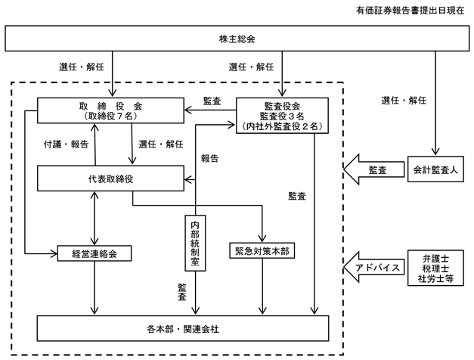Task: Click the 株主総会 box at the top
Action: [x=237, y=38]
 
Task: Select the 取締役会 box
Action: [x=110, y=110]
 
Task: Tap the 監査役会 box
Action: [x=282, y=115]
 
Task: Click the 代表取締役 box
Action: [x=110, y=178]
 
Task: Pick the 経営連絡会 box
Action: [x=94, y=253]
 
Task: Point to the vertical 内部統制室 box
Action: [x=195, y=243]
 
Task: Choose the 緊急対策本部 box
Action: [x=262, y=250]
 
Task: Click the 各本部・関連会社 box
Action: [x=183, y=328]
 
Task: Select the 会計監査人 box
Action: [x=435, y=169]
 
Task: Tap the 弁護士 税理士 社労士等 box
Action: [x=435, y=268]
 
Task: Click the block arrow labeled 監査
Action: [x=374, y=169]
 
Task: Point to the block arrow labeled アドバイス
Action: [x=374, y=267]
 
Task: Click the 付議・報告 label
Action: [x=66, y=144]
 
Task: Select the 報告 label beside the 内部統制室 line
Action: [x=210, y=158]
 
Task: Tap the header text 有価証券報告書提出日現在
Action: [x=410, y=11]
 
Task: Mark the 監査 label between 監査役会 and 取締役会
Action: [x=212, y=101]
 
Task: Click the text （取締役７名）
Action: [x=110, y=116]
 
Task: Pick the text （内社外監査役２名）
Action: [x=282, y=126]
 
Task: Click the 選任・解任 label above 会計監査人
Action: [x=404, y=100]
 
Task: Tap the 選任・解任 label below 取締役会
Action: [x=161, y=144]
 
